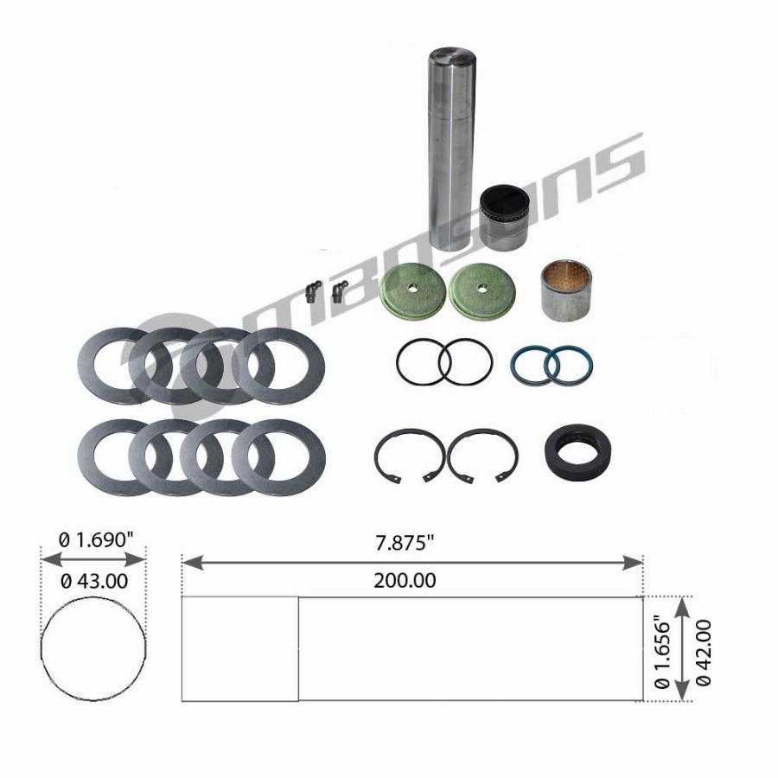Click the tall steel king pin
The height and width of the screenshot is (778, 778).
click(x=452, y=149)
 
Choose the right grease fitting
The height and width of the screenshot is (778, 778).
click(x=340, y=292)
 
